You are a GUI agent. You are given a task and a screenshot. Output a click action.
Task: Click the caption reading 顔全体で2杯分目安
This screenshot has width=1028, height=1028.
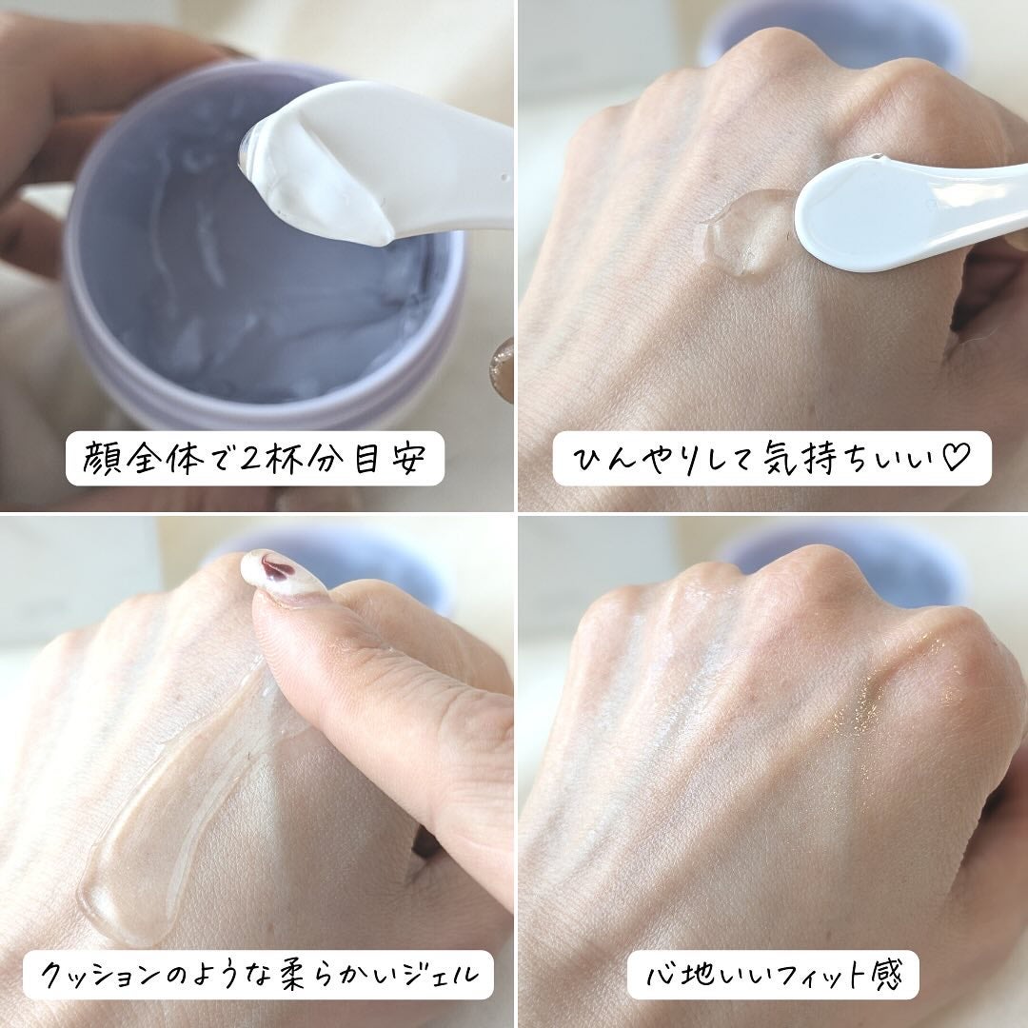point(255,460)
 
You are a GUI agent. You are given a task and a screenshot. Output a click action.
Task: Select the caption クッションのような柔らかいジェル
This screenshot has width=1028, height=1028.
point(257,973)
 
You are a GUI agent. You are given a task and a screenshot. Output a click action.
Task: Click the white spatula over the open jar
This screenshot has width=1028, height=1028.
point(381,162)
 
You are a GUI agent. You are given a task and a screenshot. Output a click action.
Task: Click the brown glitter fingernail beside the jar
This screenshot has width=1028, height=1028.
point(503,366)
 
